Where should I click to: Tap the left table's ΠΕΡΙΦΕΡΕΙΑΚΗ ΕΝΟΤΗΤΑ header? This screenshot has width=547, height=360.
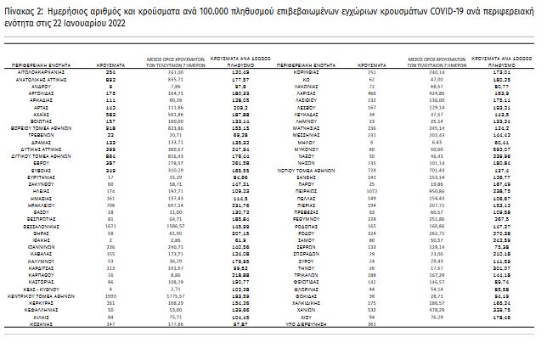[x=53, y=63]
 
